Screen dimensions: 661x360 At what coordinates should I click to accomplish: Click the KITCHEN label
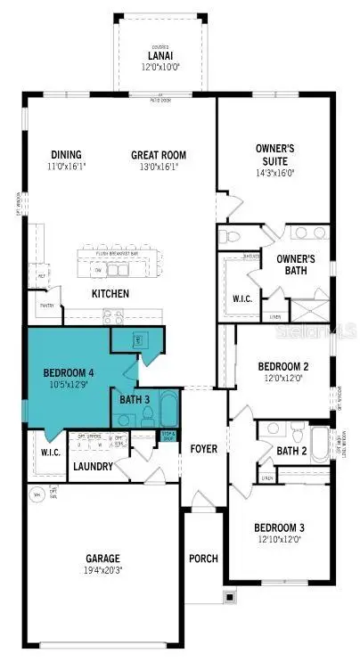tap(110, 293)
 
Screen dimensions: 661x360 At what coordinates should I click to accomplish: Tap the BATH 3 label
tap(135, 398)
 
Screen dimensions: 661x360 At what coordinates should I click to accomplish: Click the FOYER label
tap(204, 448)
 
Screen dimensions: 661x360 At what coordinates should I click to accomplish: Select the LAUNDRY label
tap(93, 467)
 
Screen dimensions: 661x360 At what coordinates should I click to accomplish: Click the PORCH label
tap(204, 559)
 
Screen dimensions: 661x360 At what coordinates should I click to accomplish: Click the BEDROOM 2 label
tap(282, 366)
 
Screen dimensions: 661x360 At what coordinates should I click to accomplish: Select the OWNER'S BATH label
tap(295, 265)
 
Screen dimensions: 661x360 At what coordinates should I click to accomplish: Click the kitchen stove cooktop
tap(113, 314)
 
